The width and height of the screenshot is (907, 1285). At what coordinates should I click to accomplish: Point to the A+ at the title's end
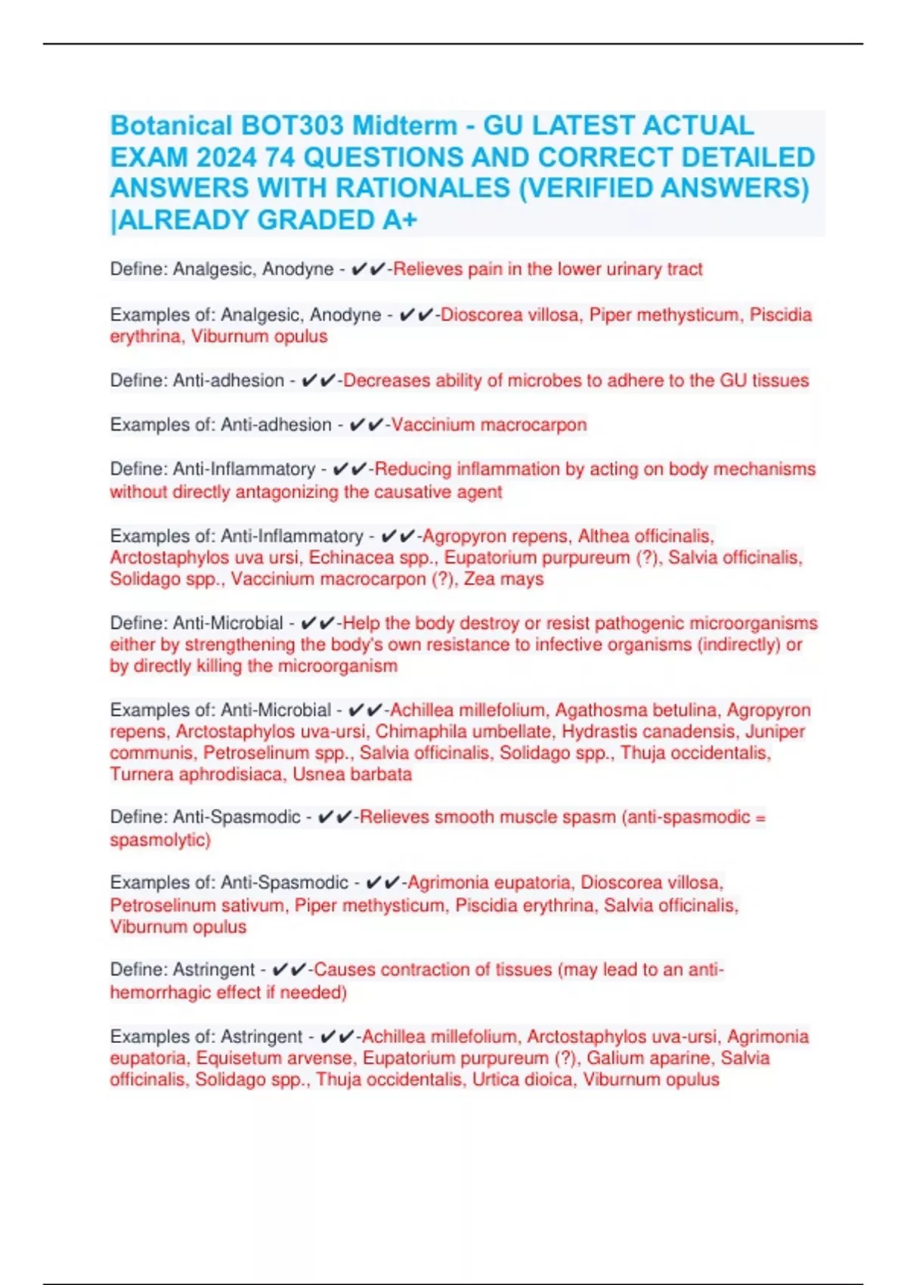[400, 220]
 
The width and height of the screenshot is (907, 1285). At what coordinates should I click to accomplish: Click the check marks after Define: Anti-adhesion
[317, 380]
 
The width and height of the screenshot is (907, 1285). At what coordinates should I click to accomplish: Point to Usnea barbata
[352, 774]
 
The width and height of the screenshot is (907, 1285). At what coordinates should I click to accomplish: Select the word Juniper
[775, 732]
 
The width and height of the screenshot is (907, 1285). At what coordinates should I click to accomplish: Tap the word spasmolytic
[159, 840]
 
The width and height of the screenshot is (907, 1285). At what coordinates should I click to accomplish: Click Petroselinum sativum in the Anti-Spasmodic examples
[197, 905]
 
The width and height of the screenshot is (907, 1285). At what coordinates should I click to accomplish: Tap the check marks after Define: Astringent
[289, 970]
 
